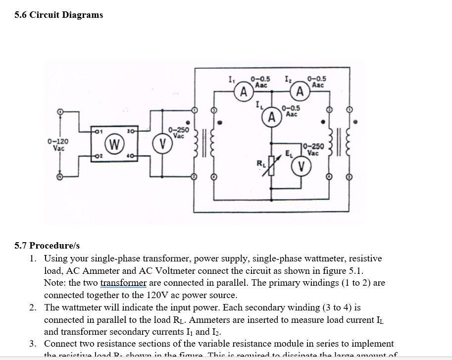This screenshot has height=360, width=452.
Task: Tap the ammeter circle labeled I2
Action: [x=300, y=92]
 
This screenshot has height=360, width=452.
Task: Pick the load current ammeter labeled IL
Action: [x=271, y=117]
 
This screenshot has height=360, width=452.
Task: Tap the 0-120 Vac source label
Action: [x=58, y=144]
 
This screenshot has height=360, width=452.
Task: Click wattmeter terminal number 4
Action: [x=130, y=157]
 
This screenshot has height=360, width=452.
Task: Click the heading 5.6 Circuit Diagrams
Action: [x=59, y=15]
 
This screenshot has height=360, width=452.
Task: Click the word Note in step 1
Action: [x=54, y=283]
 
